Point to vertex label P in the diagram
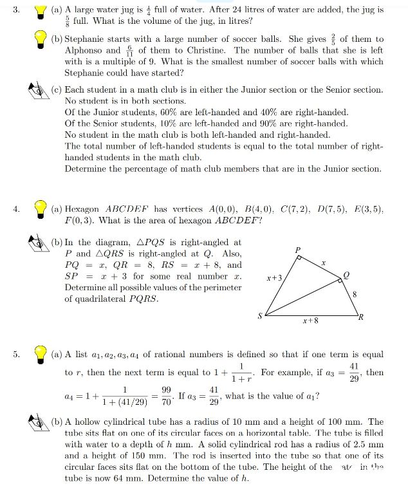tap(297, 248)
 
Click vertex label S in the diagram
tap(260, 316)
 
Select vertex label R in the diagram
tap(361, 316)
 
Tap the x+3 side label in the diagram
tap(274, 279)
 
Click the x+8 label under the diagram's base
tap(311, 320)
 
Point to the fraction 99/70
tap(165, 395)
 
